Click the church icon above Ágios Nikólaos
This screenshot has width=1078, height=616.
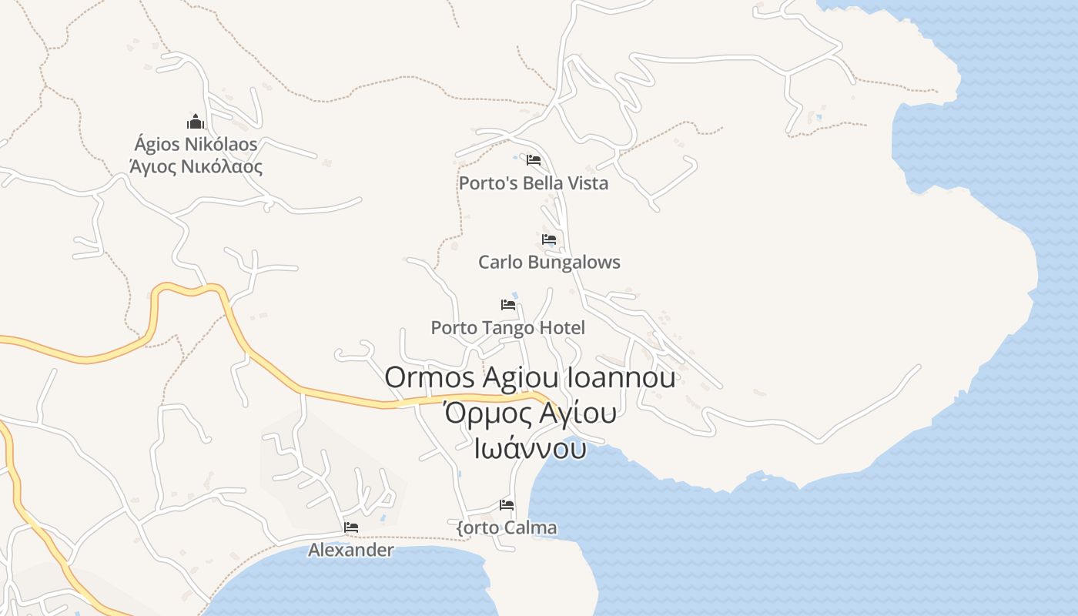tap(196, 122)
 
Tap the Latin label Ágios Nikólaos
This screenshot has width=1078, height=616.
tap(196, 144)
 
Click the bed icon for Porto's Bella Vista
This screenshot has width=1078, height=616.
tap(533, 160)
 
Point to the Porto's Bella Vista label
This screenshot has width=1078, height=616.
tap(533, 183)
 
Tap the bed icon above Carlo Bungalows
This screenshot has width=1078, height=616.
tap(549, 239)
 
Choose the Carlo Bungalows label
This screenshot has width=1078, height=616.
tap(549, 262)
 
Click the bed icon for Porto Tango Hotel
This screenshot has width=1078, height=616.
tap(507, 305)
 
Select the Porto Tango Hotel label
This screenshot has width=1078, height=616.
tap(507, 328)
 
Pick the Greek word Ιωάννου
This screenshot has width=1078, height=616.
tap(530, 448)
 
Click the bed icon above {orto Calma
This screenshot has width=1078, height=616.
tap(507, 505)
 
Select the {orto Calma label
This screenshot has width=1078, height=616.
tap(507, 528)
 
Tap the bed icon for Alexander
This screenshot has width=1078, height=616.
tap(351, 527)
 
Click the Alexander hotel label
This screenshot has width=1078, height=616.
tap(351, 550)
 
